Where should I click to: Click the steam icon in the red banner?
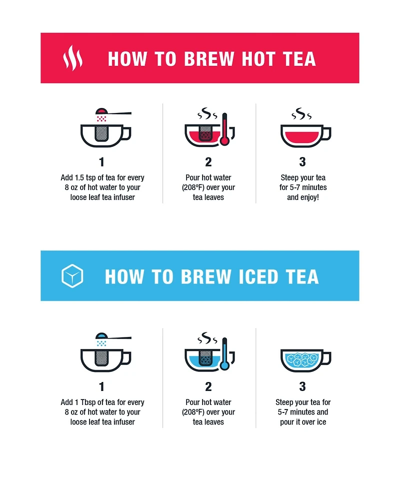[x=72, y=58]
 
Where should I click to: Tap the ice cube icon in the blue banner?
[x=72, y=276]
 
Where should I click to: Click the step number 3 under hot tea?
[x=302, y=162]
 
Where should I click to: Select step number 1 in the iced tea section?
[x=102, y=386]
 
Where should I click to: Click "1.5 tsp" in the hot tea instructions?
[x=85, y=177]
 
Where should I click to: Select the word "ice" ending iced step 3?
[x=320, y=422]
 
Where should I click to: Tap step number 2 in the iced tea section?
[x=208, y=386]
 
